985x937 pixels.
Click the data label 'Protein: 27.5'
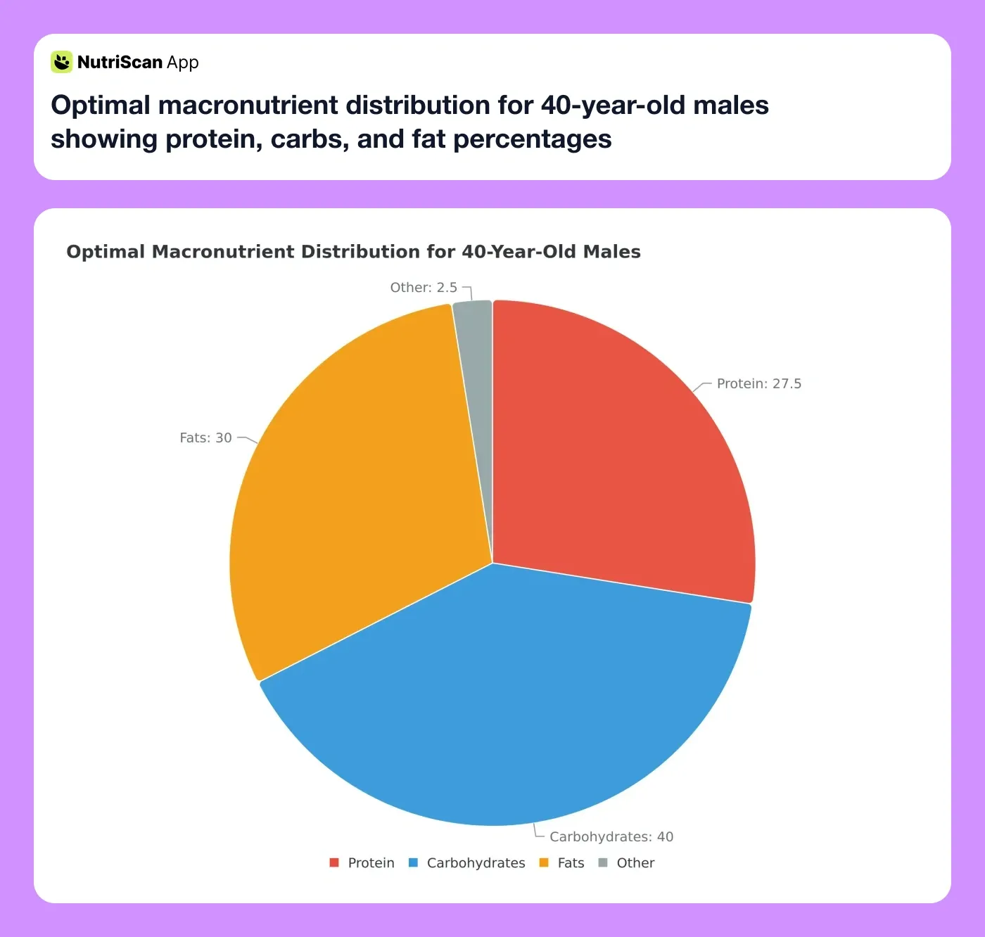[x=758, y=384]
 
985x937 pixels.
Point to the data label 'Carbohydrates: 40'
[x=611, y=837]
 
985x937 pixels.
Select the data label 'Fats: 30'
[x=205, y=438]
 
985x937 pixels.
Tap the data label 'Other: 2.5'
[x=424, y=288]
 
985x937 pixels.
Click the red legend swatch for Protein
[x=334, y=863]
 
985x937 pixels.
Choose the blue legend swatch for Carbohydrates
[x=414, y=863]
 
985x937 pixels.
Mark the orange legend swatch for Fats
[x=544, y=863]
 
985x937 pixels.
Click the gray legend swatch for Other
[x=603, y=863]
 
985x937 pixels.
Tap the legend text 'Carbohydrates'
[x=476, y=863]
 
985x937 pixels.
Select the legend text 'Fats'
[x=571, y=863]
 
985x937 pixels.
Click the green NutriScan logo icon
[x=61, y=62]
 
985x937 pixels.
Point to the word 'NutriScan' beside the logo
[x=120, y=63]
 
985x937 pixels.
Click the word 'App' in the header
[x=183, y=63]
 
